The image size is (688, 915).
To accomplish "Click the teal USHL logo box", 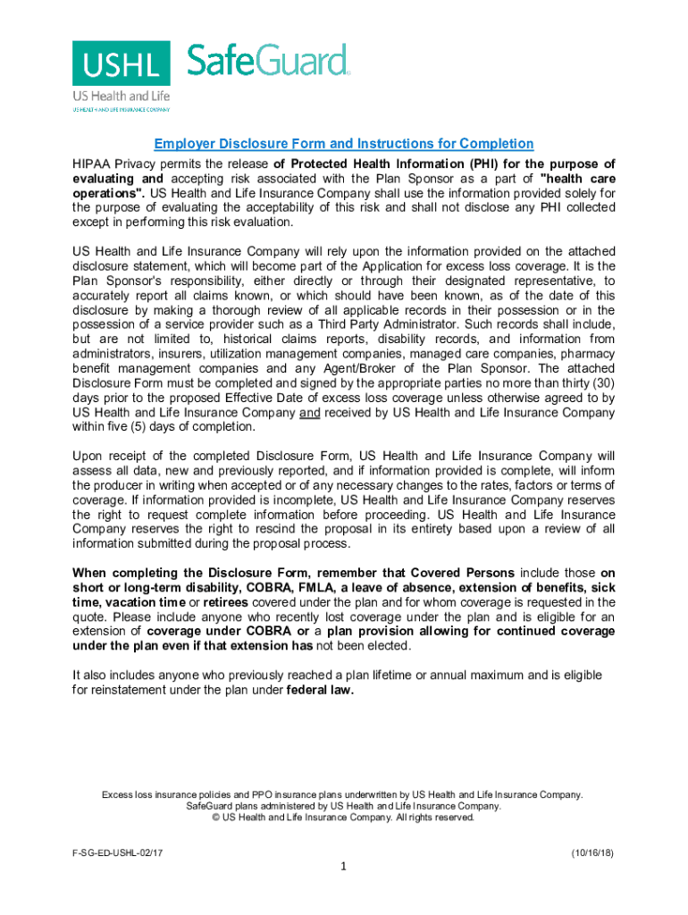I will (122, 63).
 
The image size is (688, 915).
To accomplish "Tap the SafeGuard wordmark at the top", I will (267, 61).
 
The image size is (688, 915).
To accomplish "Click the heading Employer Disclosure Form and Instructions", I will (344, 144).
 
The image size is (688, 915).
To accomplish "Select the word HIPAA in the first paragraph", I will (91, 164).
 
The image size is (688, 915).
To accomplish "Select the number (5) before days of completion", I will (147, 426).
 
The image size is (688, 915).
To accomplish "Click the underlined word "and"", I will (309, 412).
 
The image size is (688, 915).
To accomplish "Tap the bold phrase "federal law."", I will (320, 689).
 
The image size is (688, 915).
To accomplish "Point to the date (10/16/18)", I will (592, 854).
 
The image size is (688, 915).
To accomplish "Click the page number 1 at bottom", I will (344, 867).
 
